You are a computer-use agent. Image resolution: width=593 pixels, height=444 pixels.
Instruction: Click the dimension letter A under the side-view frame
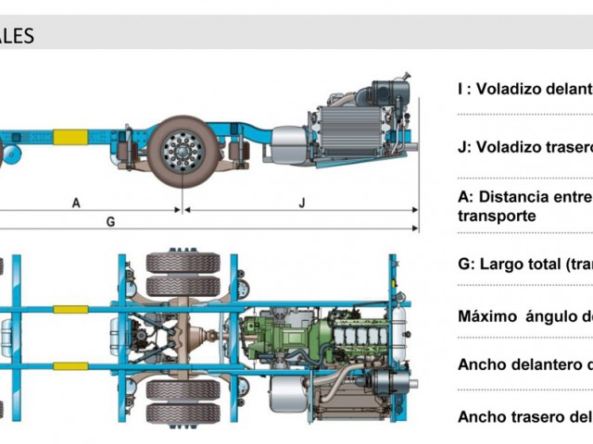click(x=76, y=201)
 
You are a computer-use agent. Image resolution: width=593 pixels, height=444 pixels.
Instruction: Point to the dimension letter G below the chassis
click(x=110, y=222)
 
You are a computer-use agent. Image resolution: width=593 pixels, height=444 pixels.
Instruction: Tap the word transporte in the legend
click(x=497, y=215)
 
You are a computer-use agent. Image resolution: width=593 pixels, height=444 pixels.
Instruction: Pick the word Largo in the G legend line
click(x=506, y=264)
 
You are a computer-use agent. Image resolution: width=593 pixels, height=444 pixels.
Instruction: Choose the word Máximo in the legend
click(x=489, y=316)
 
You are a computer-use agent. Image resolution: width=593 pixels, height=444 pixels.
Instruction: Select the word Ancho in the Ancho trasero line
click(x=483, y=416)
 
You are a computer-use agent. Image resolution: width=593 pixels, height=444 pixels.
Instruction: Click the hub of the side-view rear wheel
click(x=181, y=148)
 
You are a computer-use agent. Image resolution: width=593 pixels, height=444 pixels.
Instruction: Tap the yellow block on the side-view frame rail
click(x=70, y=137)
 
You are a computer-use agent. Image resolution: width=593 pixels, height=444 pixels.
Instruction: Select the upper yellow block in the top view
click(x=70, y=309)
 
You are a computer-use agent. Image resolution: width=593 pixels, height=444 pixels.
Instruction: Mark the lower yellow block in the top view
click(x=70, y=366)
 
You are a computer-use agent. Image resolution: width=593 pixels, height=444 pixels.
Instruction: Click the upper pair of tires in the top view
click(x=183, y=273)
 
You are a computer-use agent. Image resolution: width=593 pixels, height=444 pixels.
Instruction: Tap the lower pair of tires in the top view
click(x=183, y=401)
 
